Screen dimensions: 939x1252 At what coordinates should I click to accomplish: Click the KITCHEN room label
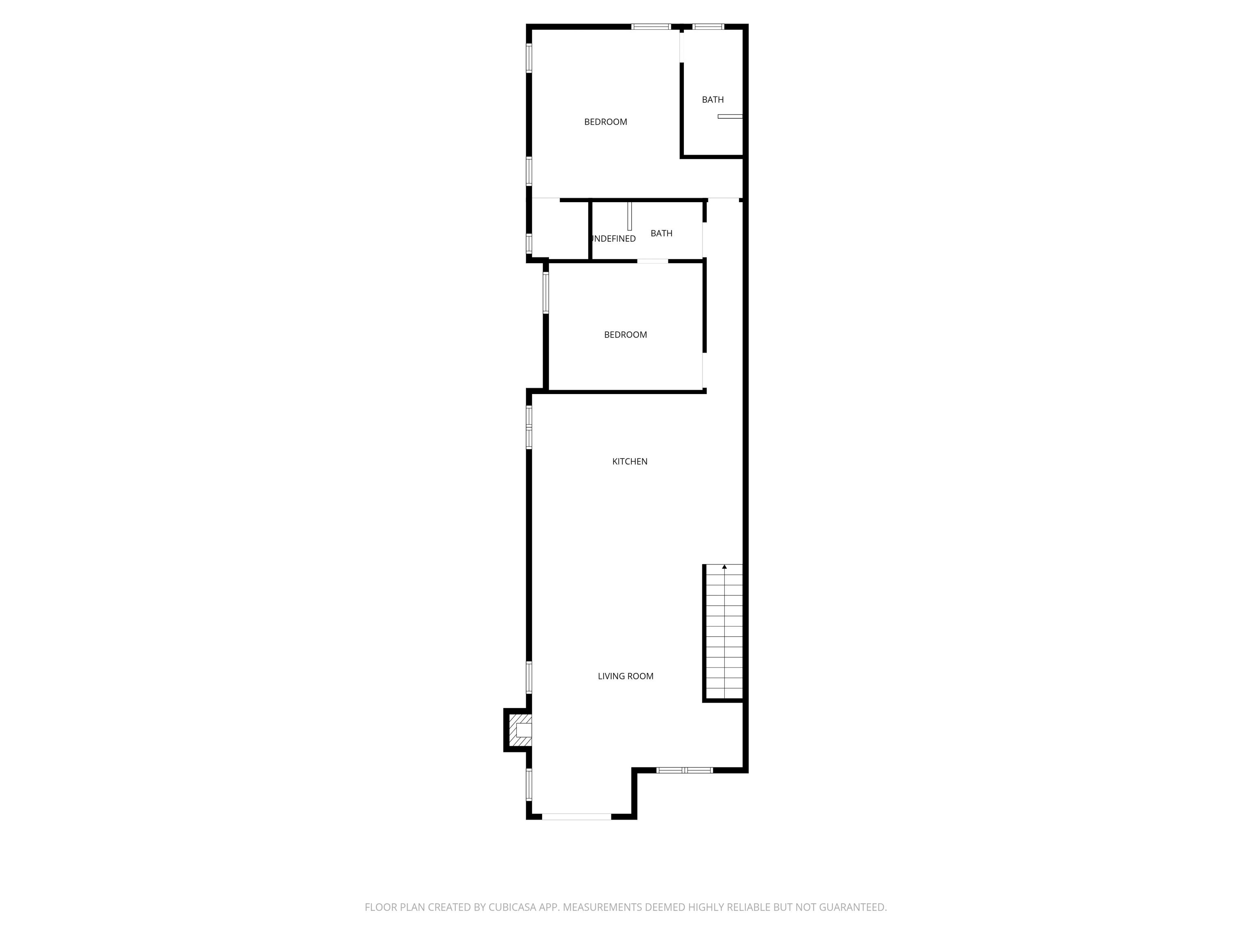point(629,461)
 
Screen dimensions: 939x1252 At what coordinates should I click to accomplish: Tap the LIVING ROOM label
point(626,676)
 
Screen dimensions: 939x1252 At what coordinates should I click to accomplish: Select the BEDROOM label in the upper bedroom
point(605,122)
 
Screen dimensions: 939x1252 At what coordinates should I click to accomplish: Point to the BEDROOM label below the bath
point(625,335)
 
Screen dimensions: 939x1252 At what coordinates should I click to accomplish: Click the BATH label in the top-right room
point(712,99)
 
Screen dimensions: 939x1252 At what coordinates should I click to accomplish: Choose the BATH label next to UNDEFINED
point(661,233)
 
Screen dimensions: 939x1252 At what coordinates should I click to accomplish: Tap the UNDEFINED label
point(613,239)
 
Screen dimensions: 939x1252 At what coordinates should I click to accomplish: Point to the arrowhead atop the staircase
point(724,566)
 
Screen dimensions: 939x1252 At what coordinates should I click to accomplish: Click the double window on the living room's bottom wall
point(684,770)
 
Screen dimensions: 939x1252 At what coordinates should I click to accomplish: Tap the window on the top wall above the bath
point(708,26)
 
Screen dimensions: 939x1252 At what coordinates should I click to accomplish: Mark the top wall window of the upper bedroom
point(651,26)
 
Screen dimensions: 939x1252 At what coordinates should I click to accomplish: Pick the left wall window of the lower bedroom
point(546,293)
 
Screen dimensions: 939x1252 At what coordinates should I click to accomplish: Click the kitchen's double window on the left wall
point(529,428)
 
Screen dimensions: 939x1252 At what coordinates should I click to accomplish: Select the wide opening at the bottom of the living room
point(576,816)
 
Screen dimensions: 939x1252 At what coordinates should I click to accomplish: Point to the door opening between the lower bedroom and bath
point(652,261)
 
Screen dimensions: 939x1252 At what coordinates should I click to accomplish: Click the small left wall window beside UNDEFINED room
point(529,243)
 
